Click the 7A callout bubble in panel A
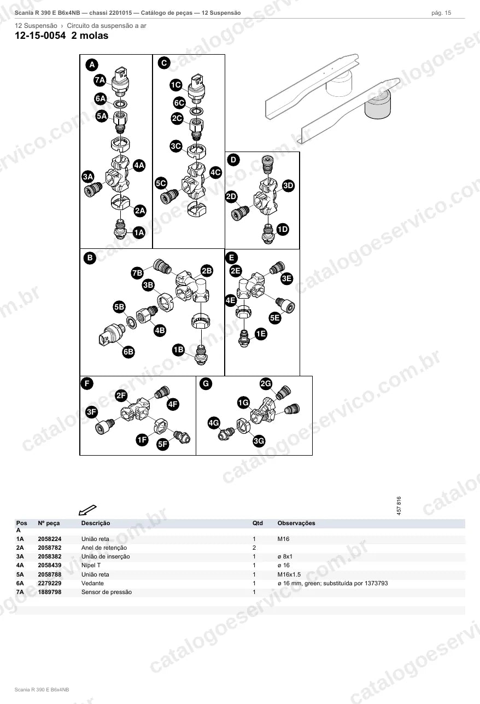100,80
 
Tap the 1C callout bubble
176,85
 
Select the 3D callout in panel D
288,186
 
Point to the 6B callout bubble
128,352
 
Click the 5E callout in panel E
275,318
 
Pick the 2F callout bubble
121,395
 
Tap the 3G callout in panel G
259,441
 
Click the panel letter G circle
206,384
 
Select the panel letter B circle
90,258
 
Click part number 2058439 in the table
50,565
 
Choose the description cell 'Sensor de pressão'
107,592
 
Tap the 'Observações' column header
296,523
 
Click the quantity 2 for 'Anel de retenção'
254,548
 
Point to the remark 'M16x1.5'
289,574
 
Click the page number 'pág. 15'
441,13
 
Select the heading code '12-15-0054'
40,36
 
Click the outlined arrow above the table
87,510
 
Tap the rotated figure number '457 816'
399,505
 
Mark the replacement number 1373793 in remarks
376,583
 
